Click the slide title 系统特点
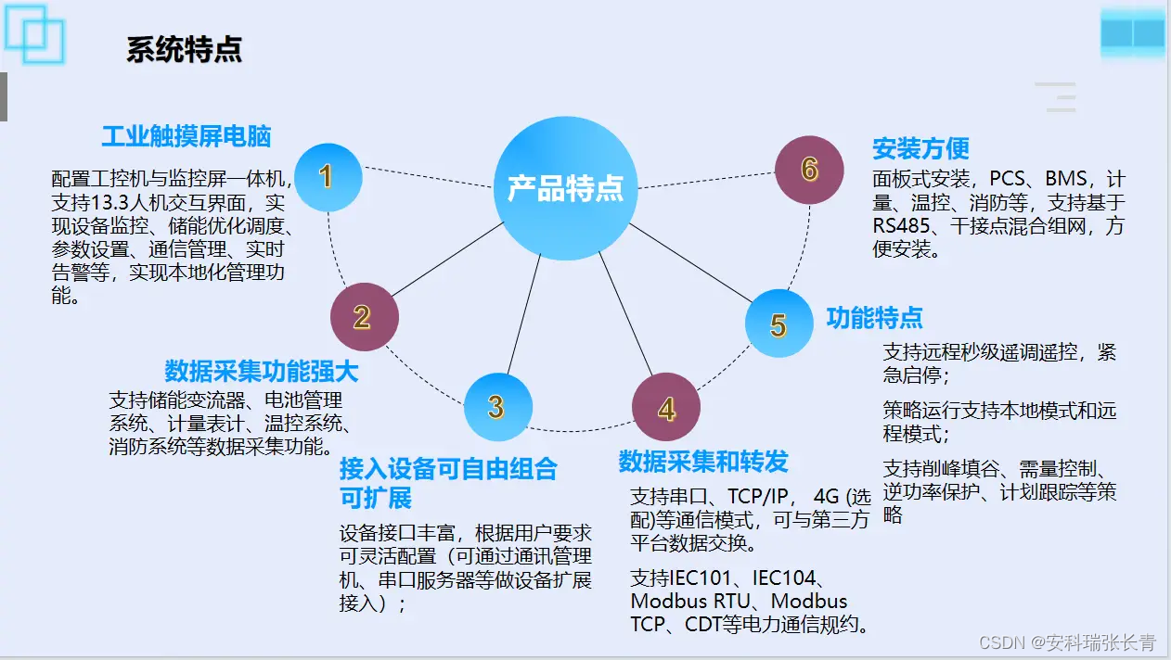[184, 49]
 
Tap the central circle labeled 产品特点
[565, 188]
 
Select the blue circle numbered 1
[326, 177]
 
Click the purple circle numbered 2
[364, 317]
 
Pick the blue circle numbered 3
[497, 407]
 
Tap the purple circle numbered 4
[666, 409]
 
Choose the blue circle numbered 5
[779, 324]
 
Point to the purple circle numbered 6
[809, 170]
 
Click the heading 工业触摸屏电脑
[186, 137]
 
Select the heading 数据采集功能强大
[261, 372]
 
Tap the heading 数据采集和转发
[702, 462]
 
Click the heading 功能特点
[874, 319]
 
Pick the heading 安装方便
[920, 148]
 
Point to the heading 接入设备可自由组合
[448, 469]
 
